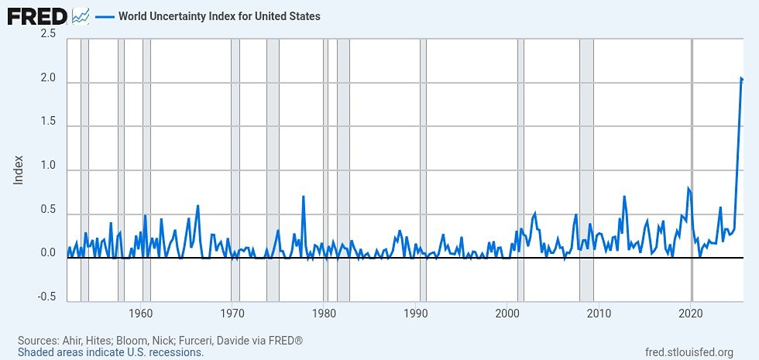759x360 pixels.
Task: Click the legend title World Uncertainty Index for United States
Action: pyautogui.click(x=219, y=16)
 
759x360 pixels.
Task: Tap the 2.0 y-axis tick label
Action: pyautogui.click(x=47, y=80)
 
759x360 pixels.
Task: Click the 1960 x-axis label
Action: pyautogui.click(x=140, y=314)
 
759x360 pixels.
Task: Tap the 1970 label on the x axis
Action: pyautogui.click(x=232, y=314)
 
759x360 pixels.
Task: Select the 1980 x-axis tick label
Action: pyautogui.click(x=324, y=314)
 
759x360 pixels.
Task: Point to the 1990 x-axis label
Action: pyautogui.click(x=416, y=314)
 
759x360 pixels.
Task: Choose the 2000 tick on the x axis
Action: pyautogui.click(x=507, y=314)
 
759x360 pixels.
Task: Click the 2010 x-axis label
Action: pyautogui.click(x=599, y=314)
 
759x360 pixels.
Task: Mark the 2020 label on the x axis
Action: pyautogui.click(x=691, y=314)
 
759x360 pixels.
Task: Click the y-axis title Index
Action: pyautogui.click(x=19, y=170)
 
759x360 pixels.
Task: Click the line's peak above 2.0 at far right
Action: pyautogui.click(x=740, y=78)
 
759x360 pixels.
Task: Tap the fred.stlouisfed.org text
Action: pyautogui.click(x=689, y=353)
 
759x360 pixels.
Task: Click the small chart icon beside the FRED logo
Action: pyautogui.click(x=80, y=15)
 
